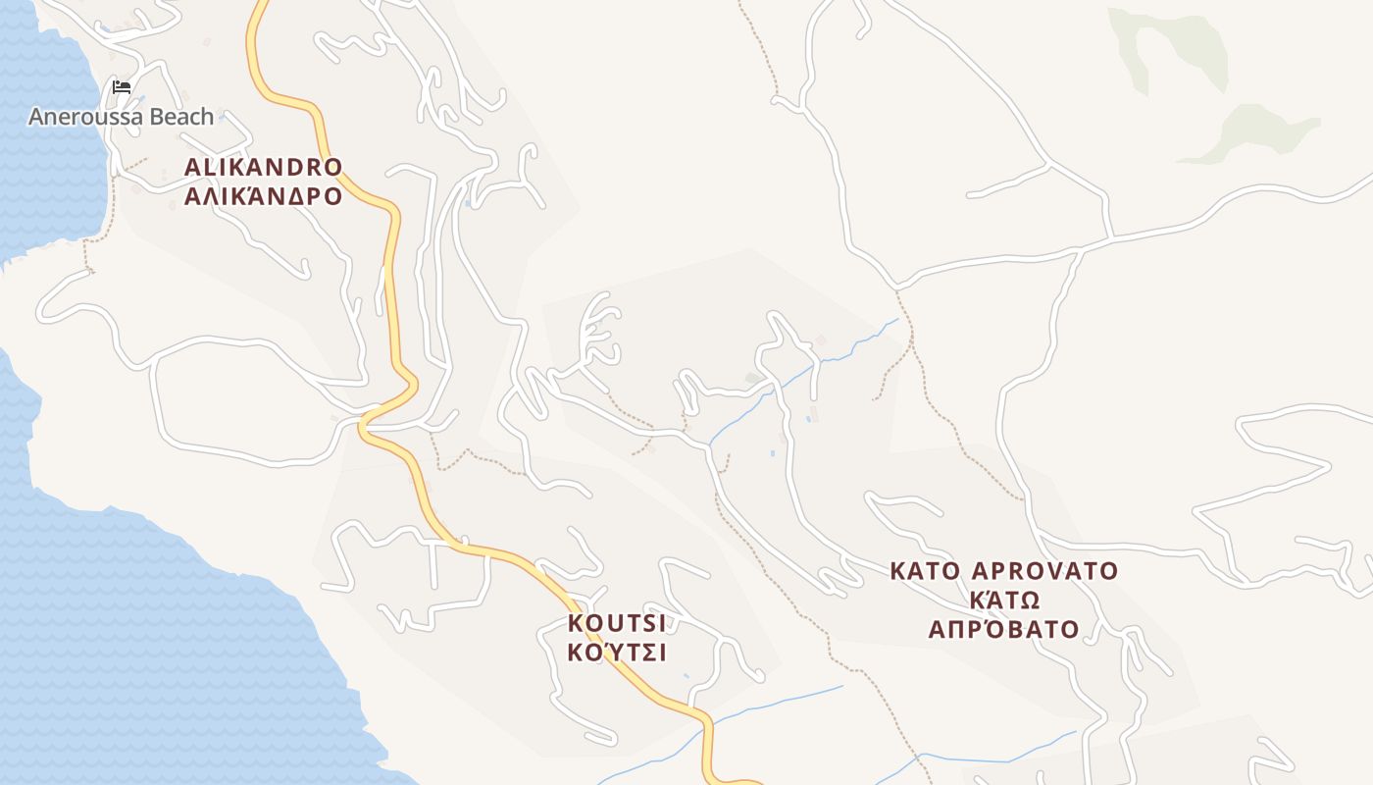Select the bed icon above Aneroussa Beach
122,87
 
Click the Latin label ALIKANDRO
263,167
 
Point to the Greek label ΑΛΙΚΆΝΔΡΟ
263,196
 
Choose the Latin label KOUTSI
616,623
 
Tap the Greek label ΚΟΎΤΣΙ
616,653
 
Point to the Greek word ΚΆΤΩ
1004,600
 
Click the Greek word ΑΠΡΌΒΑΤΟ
1004,629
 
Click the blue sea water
147,638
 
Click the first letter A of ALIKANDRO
192,167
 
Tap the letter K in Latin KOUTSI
575,623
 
